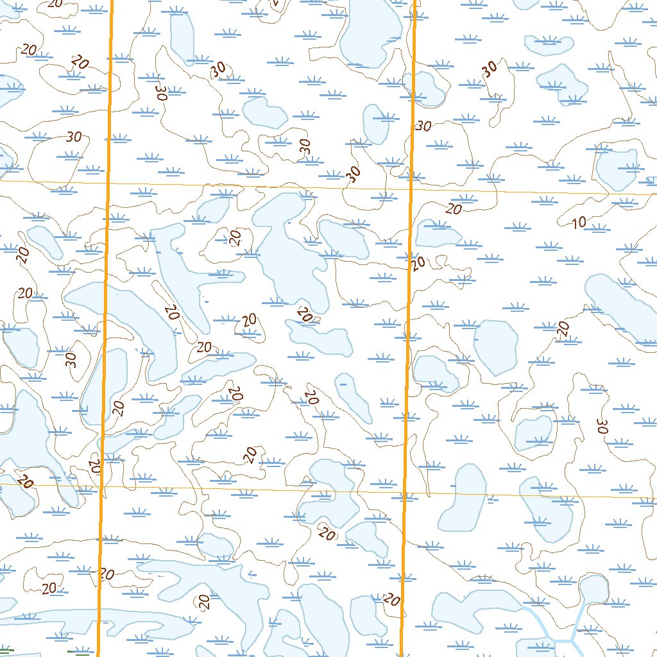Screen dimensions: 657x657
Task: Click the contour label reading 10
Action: (x=579, y=223)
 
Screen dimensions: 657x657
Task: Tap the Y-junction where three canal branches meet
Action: (x=570, y=640)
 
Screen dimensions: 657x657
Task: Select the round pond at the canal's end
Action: (x=594, y=588)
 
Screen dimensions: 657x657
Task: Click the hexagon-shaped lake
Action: (x=495, y=347)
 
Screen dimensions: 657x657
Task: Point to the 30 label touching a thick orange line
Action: (x=423, y=126)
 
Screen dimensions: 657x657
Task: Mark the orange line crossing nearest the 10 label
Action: (x=411, y=191)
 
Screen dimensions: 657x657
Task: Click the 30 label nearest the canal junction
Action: (x=602, y=426)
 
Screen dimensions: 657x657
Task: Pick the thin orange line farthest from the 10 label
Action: (x=192, y=488)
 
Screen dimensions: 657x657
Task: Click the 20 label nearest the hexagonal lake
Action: (x=563, y=329)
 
